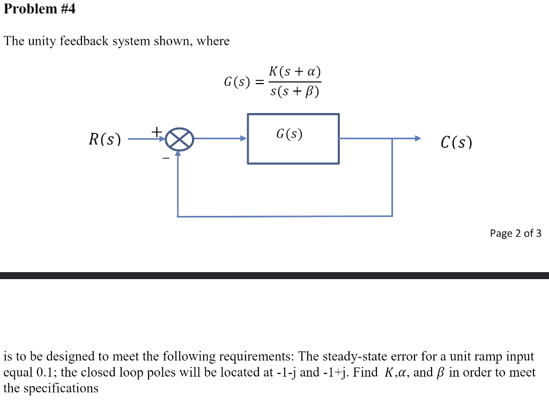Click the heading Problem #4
(x=39, y=9)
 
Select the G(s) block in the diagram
(x=293, y=138)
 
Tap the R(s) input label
(x=105, y=140)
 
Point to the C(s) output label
(x=456, y=142)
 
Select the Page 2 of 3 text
(x=515, y=233)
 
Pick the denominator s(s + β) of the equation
(x=295, y=92)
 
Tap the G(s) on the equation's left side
(x=236, y=82)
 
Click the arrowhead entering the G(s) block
(x=243, y=139)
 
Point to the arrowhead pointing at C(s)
(x=418, y=139)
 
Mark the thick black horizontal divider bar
(x=274, y=275)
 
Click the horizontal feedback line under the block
(x=285, y=216)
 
